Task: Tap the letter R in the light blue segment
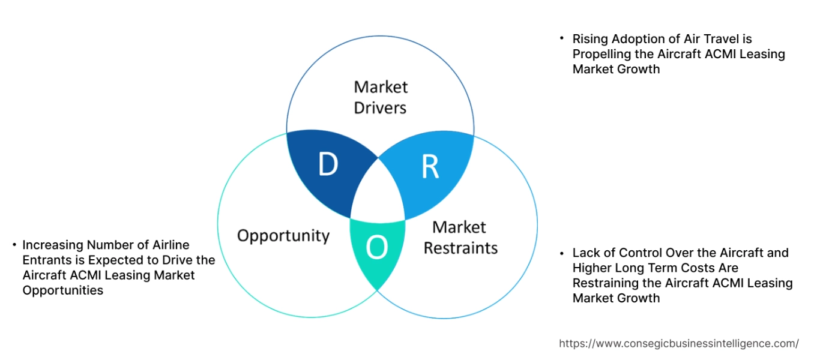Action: click(x=430, y=168)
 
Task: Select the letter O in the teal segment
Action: click(x=376, y=247)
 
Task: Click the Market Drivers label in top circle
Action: click(x=380, y=97)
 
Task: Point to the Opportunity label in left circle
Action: click(x=283, y=235)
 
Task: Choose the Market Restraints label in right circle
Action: click(x=460, y=238)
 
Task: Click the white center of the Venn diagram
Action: click(x=378, y=192)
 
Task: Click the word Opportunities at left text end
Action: click(x=62, y=290)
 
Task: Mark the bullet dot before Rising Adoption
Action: click(x=562, y=38)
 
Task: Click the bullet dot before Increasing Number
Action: click(x=13, y=244)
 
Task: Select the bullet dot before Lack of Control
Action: click(x=562, y=252)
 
